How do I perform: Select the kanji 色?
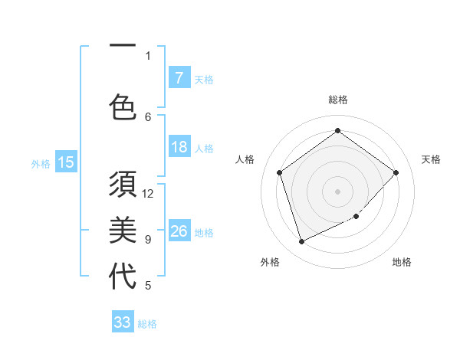coord(123,106)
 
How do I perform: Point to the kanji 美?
coord(123,230)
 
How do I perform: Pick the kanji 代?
coord(123,276)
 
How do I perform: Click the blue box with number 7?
coord(179,78)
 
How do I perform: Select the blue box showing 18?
coord(179,147)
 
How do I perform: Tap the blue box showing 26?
coord(179,231)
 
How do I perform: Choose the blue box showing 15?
coord(66,162)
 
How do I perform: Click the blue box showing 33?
coord(123,322)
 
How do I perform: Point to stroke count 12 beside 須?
coord(148,194)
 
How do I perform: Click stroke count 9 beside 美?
coord(148,240)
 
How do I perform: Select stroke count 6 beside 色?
coord(148,116)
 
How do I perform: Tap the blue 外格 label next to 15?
coord(41,163)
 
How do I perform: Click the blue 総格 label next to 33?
coord(147,324)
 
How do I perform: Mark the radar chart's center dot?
coord(337,191)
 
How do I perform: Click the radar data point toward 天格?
coord(396,172)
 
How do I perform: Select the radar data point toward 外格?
coord(301,241)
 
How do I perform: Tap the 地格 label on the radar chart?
coord(402,262)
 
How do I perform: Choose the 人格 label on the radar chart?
coord(245,159)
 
